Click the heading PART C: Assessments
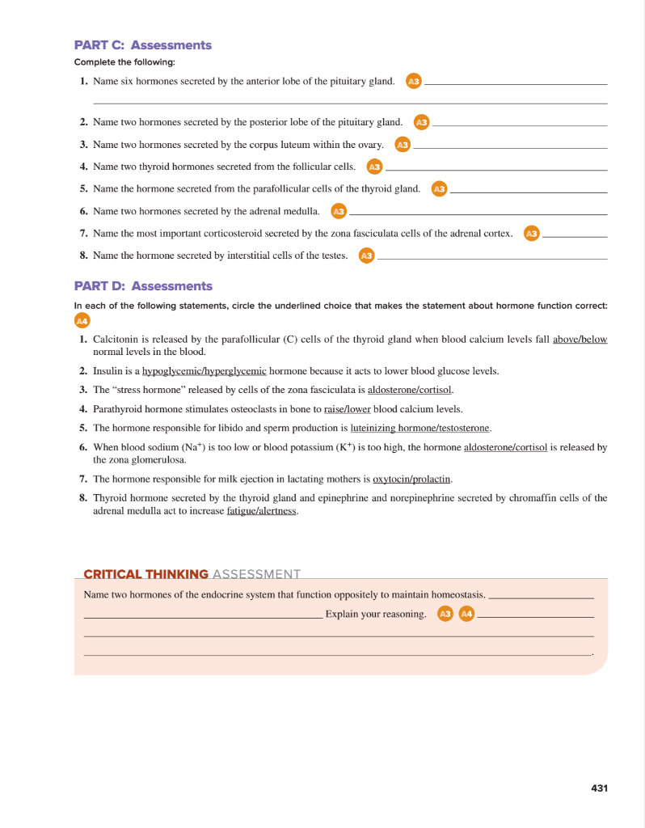[x=142, y=45]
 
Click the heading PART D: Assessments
[x=142, y=286]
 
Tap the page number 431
[x=599, y=788]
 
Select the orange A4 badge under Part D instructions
[x=81, y=321]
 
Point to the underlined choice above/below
[x=580, y=340]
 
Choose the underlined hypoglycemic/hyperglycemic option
[x=204, y=371]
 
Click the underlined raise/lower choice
[x=348, y=409]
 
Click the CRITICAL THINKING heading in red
[x=145, y=574]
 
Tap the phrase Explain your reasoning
[x=376, y=615]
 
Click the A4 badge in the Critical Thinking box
[x=466, y=615]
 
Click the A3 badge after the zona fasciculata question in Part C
[x=531, y=234]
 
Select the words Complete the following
[x=124, y=62]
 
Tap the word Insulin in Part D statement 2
[x=108, y=371]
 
